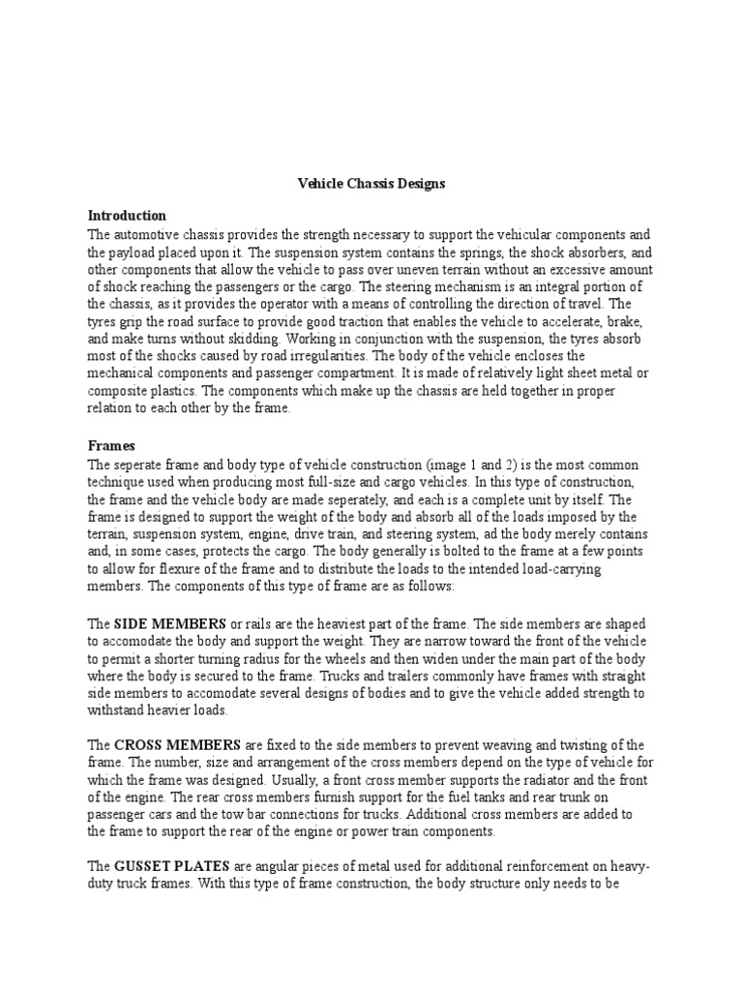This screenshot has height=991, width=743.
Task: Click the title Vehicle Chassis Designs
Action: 371,182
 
